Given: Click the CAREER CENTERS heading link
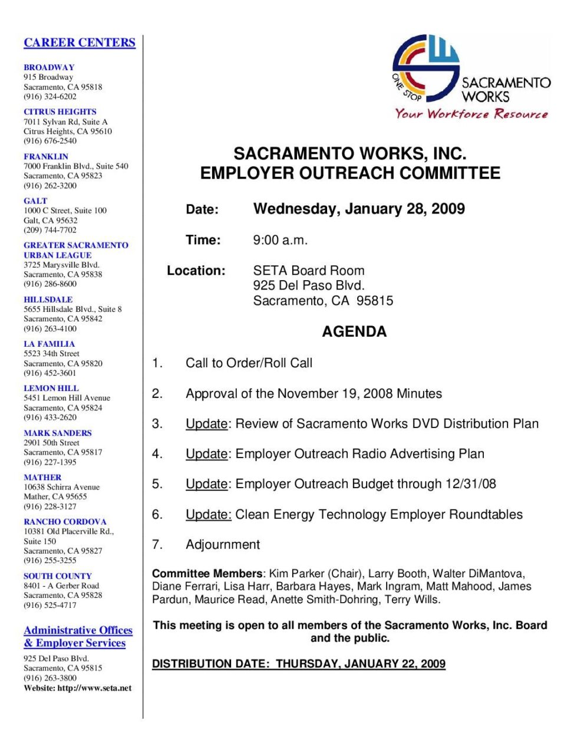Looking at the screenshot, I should tap(80, 42).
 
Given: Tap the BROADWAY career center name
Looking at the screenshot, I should tap(49, 67).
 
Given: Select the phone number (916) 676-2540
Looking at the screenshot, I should tap(50, 141).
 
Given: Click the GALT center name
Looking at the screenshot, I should tap(35, 200).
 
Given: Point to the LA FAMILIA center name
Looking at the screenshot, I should tap(49, 344).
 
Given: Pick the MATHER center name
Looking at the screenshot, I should tap(42, 477).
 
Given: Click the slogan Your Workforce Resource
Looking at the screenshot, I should tap(471, 114).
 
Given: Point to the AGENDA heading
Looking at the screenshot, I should tap(354, 332).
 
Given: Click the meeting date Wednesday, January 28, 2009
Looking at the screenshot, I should tap(359, 209).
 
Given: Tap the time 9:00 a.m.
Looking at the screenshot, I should tap(281, 240).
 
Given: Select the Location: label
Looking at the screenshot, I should tap(196, 271).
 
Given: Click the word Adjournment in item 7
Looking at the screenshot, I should tap(223, 544).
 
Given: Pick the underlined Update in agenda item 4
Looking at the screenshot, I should tap(206, 454).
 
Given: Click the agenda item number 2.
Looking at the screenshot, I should tap(157, 393).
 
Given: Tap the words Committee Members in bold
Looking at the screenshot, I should tap(207, 574).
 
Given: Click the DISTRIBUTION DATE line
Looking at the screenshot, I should tap(299, 664).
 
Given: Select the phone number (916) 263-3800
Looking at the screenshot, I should tap(50, 678).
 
